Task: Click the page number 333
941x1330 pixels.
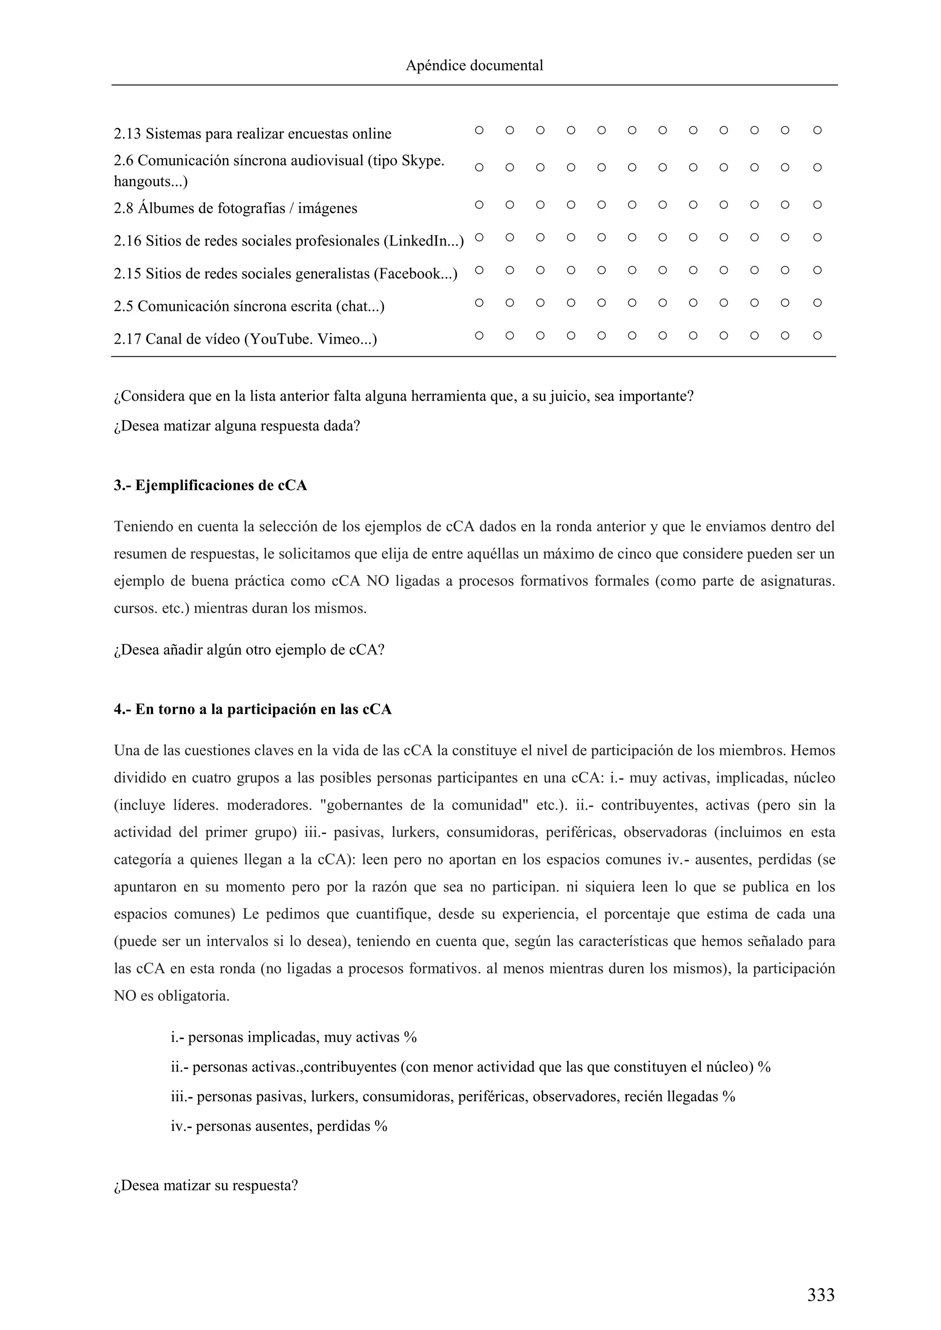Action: coord(821,1294)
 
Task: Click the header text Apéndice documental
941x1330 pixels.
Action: coord(474,66)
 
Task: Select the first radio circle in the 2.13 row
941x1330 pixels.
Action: coord(479,130)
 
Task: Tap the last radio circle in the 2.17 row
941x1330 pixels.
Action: coord(817,335)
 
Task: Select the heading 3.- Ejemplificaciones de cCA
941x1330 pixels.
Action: coord(210,485)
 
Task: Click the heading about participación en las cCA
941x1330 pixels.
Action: coord(253,709)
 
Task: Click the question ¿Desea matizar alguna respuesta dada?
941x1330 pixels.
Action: coord(237,426)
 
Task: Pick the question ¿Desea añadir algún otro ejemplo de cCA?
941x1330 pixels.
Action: coord(249,649)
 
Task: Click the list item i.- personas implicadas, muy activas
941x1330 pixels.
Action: coord(294,1037)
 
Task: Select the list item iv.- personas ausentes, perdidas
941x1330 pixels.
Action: coord(279,1126)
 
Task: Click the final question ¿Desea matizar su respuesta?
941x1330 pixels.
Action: coord(206,1185)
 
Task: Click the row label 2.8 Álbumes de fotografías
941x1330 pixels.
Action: coord(235,208)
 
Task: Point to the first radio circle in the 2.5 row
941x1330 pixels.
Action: coord(479,302)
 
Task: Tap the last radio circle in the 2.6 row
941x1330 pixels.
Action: coord(817,168)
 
